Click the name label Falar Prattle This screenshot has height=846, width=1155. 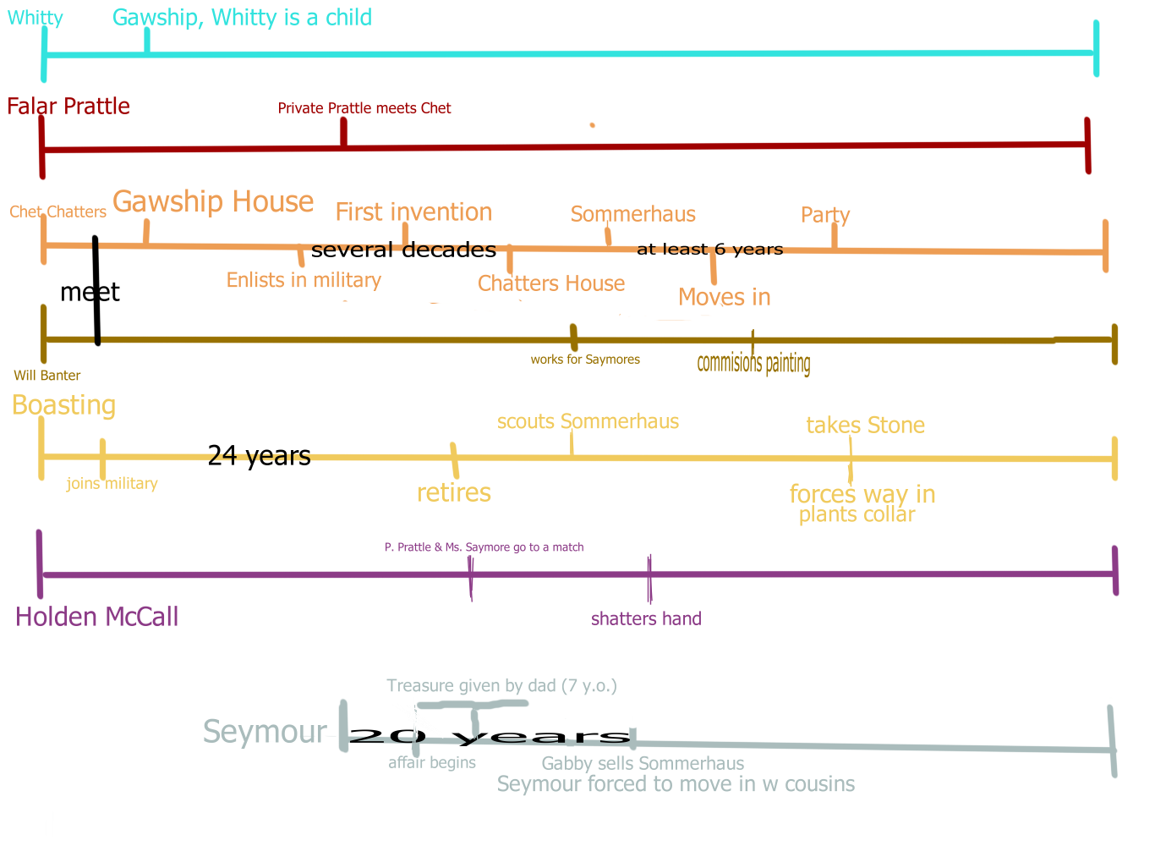(x=68, y=107)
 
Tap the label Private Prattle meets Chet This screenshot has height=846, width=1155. (x=364, y=108)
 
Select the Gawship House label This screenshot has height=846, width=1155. (x=213, y=202)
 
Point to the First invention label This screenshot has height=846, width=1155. (x=413, y=212)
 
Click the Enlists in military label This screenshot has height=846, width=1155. (x=304, y=280)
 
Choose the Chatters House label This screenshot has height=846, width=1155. (x=551, y=283)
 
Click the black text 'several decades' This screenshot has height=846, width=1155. (x=403, y=250)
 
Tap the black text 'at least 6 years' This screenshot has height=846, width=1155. (x=709, y=249)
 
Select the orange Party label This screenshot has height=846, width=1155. (x=825, y=215)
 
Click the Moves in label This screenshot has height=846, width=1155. (x=725, y=297)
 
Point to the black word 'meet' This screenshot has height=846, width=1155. (x=90, y=293)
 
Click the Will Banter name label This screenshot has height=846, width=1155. (x=47, y=376)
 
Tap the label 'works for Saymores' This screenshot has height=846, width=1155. (x=585, y=360)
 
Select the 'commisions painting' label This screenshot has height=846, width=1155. (x=753, y=363)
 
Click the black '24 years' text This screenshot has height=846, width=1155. (x=259, y=456)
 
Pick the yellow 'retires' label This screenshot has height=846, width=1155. (x=454, y=492)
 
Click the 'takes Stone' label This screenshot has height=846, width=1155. (x=865, y=425)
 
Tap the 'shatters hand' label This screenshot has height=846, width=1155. (x=646, y=618)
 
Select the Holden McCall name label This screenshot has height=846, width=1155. (x=97, y=617)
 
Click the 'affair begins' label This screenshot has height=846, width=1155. (x=432, y=763)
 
